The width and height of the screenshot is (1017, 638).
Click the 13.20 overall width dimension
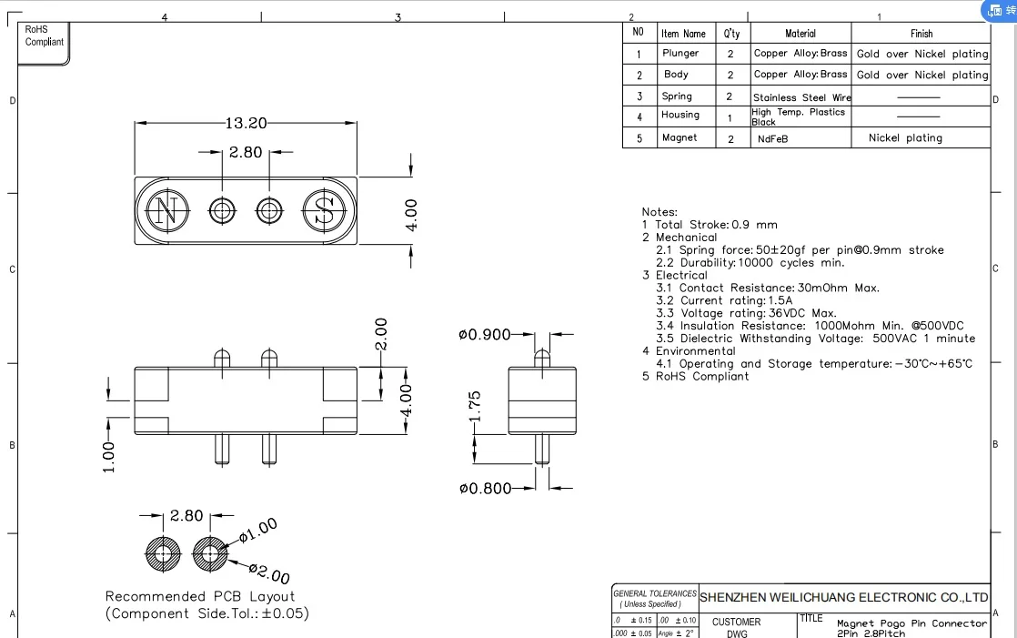(246, 123)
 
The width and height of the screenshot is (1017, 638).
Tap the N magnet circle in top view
(165, 212)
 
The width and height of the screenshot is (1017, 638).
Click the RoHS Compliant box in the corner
(44, 36)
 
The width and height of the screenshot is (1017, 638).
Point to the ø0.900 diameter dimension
(484, 335)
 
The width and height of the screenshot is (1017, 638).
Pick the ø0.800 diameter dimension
(484, 489)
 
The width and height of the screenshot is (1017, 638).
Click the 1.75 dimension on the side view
(474, 407)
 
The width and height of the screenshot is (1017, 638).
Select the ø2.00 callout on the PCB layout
(269, 575)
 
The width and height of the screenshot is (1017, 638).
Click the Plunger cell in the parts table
(680, 54)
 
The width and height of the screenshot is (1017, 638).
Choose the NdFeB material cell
(772, 138)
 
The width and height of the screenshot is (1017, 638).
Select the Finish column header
(921, 34)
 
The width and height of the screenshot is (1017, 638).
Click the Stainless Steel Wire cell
(801, 96)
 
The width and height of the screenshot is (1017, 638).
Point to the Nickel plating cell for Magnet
(905, 138)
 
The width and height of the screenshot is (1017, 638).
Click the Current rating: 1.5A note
(724, 300)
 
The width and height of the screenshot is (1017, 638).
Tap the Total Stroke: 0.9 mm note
(710, 225)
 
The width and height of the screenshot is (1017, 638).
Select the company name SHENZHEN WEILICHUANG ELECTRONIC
(843, 597)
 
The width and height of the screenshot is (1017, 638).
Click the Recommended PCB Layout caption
(200, 596)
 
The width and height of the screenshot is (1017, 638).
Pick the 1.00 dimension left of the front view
(109, 457)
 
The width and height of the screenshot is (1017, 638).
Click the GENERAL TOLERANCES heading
(654, 593)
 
